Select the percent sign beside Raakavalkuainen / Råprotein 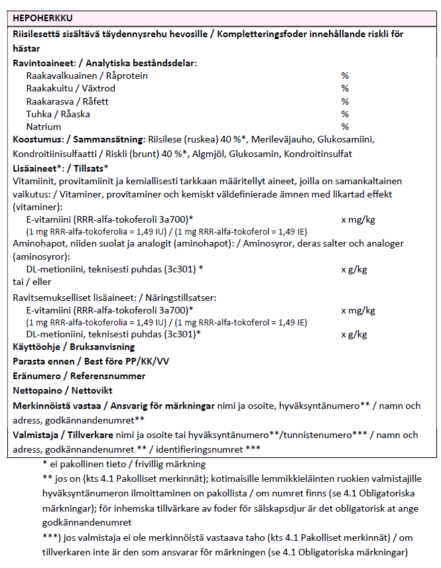[x=344, y=76]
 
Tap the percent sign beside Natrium [x=344, y=127]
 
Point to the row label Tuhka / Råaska [x=58, y=114]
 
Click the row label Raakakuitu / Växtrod [x=70, y=89]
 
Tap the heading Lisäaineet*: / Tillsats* [x=60, y=168]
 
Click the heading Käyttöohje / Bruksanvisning [x=74, y=347]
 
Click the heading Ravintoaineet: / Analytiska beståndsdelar [x=103, y=64]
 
